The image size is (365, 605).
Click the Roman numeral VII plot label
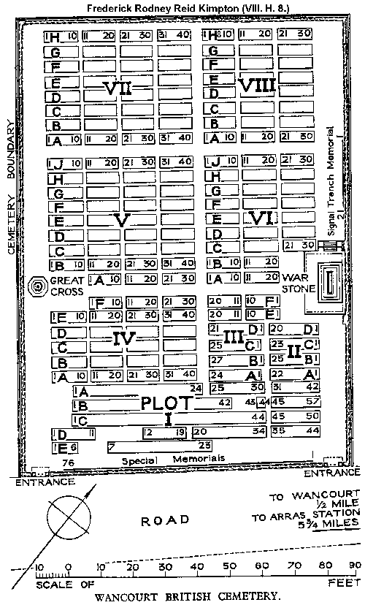[118, 88]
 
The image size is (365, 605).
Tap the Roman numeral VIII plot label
[256, 85]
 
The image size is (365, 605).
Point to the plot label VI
[259, 217]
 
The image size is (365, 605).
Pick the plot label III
[234, 336]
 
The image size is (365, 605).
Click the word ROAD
[164, 520]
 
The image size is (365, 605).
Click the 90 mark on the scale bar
[353, 566]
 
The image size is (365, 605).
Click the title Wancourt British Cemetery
[184, 595]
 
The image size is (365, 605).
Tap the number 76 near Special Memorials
[69, 463]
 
